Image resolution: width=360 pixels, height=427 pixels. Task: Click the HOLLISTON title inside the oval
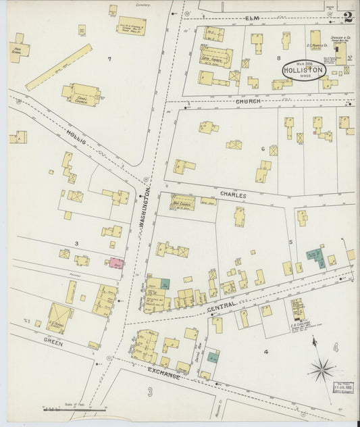tap(304, 70)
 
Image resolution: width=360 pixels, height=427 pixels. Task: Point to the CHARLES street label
tap(232, 195)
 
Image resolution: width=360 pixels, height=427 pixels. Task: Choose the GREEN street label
tap(53, 343)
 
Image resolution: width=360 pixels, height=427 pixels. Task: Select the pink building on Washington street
tap(116, 262)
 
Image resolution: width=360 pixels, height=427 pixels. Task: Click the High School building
tap(18, 50)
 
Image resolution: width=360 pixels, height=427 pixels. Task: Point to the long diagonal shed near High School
tap(59, 67)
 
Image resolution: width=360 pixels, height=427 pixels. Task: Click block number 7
tap(109, 59)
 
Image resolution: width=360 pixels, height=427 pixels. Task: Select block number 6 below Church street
tap(263, 149)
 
